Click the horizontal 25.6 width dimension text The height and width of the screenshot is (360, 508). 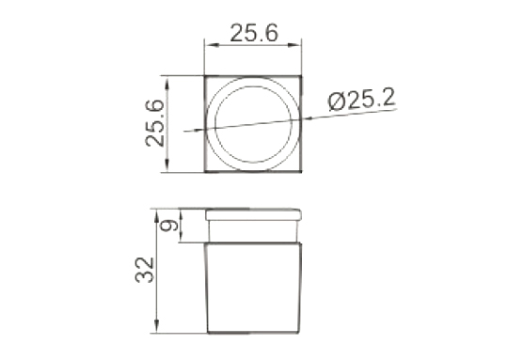pyautogui.click(x=254, y=33)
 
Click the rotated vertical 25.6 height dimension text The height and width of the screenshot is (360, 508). pyautogui.click(x=155, y=123)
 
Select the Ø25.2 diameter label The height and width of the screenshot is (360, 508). pyautogui.click(x=361, y=101)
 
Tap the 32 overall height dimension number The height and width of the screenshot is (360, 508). pyautogui.click(x=145, y=270)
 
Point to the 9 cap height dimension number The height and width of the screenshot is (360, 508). pyautogui.click(x=169, y=226)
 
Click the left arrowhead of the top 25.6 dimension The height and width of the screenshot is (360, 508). pyautogui.click(x=209, y=45)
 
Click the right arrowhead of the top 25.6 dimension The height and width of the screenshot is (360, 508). pyautogui.click(x=296, y=45)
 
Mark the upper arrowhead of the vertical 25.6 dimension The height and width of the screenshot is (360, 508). pyautogui.click(x=167, y=82)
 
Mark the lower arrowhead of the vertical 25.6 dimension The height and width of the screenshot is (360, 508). pyautogui.click(x=167, y=165)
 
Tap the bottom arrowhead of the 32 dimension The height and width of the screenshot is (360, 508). pyautogui.click(x=157, y=326)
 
